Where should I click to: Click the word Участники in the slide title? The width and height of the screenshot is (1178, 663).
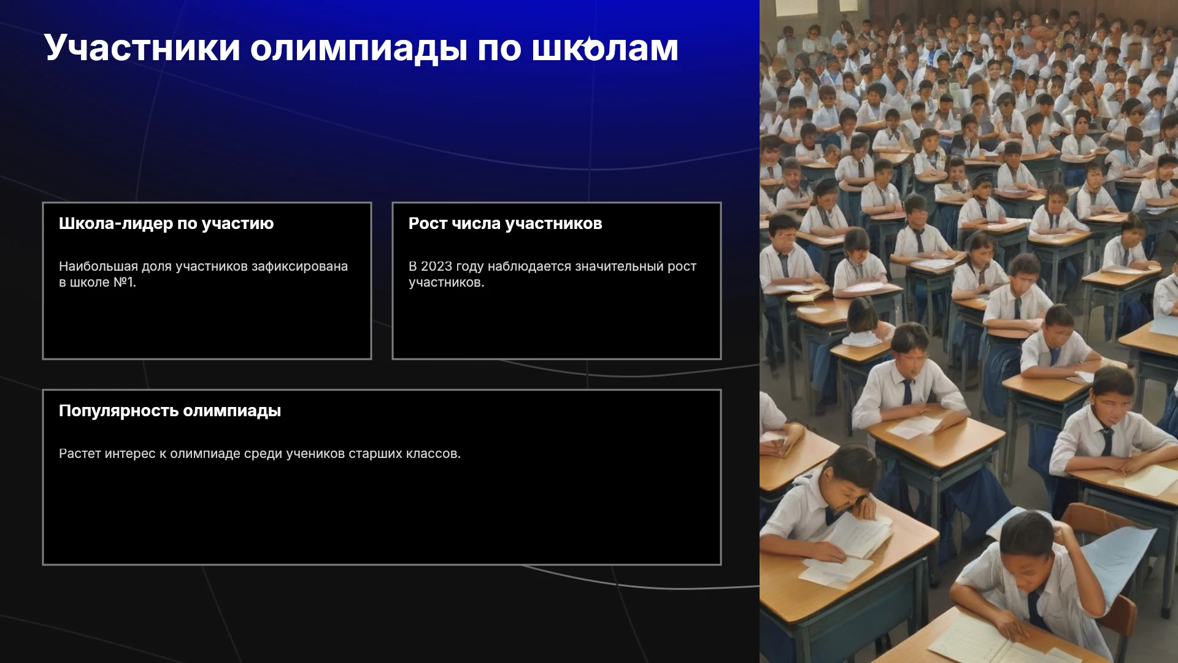point(142,48)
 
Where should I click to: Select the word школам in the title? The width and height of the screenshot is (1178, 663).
point(605,48)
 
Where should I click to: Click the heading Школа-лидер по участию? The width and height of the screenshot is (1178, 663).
point(166,223)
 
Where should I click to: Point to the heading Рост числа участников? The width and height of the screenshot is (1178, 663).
point(506,223)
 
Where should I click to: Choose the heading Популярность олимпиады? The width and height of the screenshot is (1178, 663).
point(170,411)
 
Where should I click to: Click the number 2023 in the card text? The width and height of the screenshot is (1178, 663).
point(436,266)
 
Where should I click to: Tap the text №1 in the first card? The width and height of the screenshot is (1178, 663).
point(125,282)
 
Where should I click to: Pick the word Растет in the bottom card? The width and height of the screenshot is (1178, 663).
point(80,454)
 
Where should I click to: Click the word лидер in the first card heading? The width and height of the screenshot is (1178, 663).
point(147,223)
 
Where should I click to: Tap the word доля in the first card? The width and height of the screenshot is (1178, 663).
point(156,267)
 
